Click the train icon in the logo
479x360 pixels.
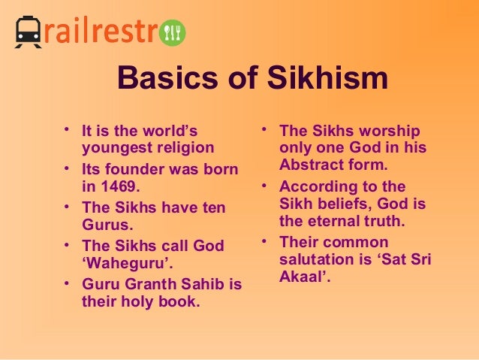pos(28,32)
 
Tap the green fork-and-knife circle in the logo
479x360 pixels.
pos(174,32)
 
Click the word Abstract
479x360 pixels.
pos(310,165)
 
